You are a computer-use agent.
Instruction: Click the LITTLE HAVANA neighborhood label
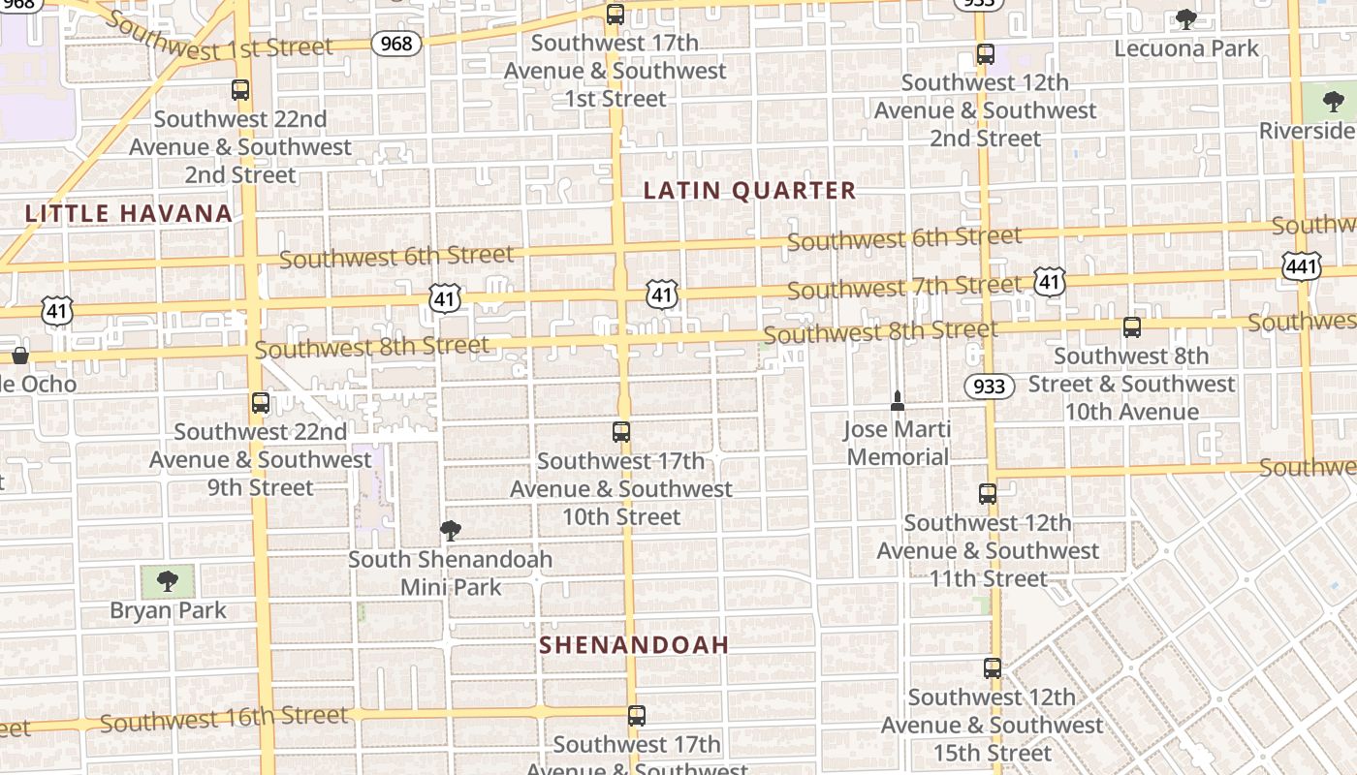129,213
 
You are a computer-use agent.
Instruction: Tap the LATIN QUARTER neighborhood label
750,191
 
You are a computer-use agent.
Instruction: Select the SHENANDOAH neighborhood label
634,645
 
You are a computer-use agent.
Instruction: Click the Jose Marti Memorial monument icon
898,400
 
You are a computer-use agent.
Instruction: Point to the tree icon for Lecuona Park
1185,19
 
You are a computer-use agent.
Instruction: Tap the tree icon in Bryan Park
168,581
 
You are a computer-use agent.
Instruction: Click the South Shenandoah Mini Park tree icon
450,530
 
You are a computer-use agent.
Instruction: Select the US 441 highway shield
1300,266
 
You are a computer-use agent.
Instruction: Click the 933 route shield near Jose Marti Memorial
989,387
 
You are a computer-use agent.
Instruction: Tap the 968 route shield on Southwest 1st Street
396,43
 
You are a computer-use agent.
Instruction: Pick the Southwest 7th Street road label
903,287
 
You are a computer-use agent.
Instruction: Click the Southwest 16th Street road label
223,719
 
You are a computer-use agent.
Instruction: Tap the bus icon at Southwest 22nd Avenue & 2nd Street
240,90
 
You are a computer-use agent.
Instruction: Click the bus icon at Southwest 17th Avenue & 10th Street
621,432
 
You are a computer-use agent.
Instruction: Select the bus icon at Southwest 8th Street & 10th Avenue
1131,327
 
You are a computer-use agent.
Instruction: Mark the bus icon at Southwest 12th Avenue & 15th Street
992,668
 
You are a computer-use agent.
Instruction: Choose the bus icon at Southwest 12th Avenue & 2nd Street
986,54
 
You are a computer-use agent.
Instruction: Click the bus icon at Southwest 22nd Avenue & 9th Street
260,403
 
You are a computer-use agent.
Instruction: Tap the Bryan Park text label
168,610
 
